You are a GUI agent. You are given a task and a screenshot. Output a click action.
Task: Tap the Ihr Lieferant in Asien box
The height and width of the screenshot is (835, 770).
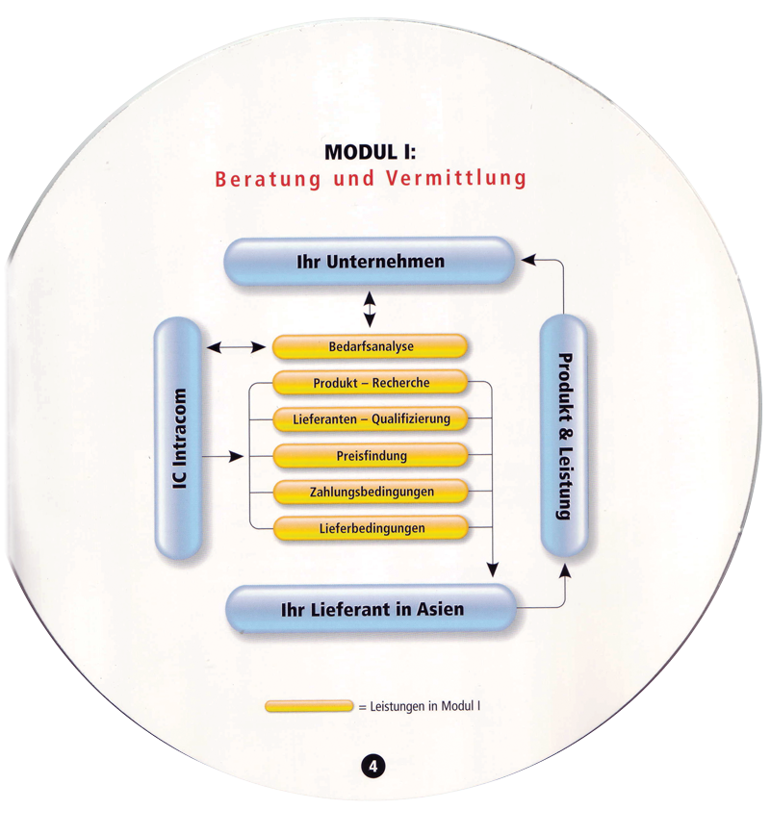[372, 609]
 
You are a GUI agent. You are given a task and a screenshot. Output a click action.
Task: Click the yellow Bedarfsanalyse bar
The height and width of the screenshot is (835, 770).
[371, 346]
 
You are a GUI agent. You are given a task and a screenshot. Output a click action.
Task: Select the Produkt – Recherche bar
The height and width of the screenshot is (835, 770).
[371, 383]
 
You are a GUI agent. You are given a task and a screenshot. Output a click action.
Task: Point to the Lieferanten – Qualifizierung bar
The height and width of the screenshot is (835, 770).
[371, 419]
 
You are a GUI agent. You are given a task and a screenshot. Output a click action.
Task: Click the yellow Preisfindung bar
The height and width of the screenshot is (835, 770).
[371, 455]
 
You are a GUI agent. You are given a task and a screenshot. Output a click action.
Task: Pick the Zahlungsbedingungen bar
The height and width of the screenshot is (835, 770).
[371, 492]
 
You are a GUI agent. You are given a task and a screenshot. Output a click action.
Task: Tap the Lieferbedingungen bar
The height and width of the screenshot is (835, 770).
[371, 528]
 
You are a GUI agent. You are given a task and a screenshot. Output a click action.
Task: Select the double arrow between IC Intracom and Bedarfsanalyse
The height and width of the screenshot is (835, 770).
[236, 346]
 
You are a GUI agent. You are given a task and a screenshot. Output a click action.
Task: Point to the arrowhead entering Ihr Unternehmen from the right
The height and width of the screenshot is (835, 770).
[527, 259]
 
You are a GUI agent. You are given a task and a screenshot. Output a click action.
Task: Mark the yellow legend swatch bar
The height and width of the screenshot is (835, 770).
[309, 707]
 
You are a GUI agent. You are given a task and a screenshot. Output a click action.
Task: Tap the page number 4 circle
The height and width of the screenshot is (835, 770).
[372, 767]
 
